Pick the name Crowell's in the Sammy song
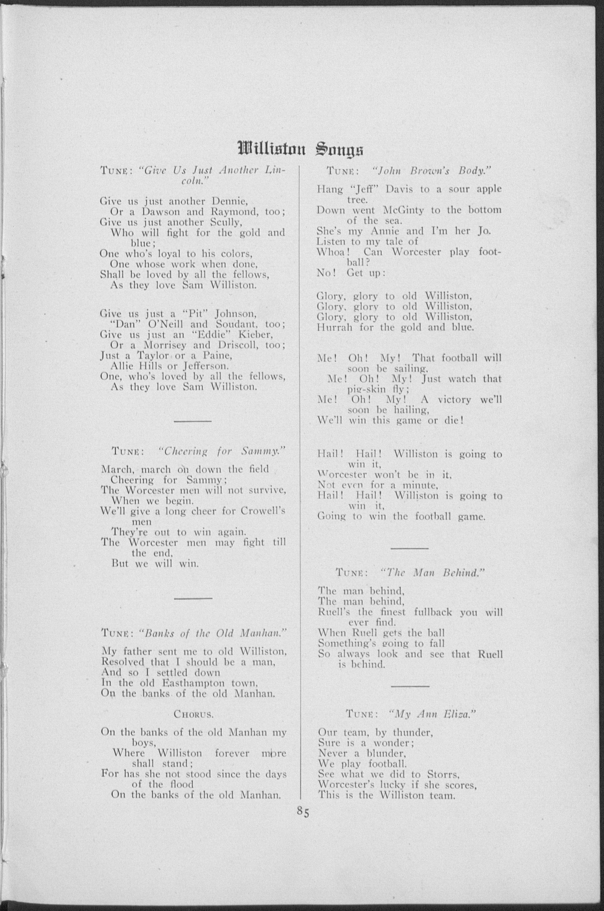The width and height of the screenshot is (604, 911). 263,511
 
